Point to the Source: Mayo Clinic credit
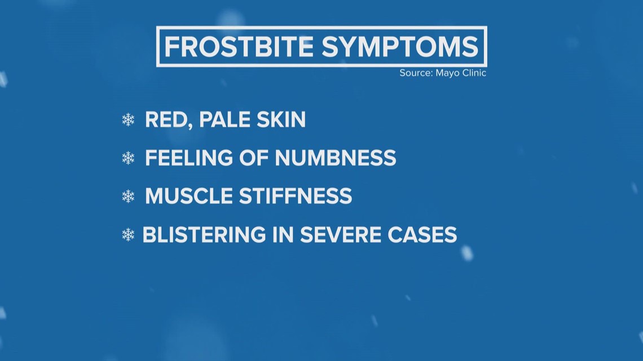[x=442, y=73]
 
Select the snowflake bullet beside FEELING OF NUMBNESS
[x=129, y=159]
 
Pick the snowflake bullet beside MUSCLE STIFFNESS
[x=129, y=197]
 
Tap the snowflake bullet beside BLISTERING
[x=129, y=235]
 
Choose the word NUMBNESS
[x=335, y=158]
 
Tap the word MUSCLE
[x=189, y=196]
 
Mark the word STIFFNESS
[x=296, y=196]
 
